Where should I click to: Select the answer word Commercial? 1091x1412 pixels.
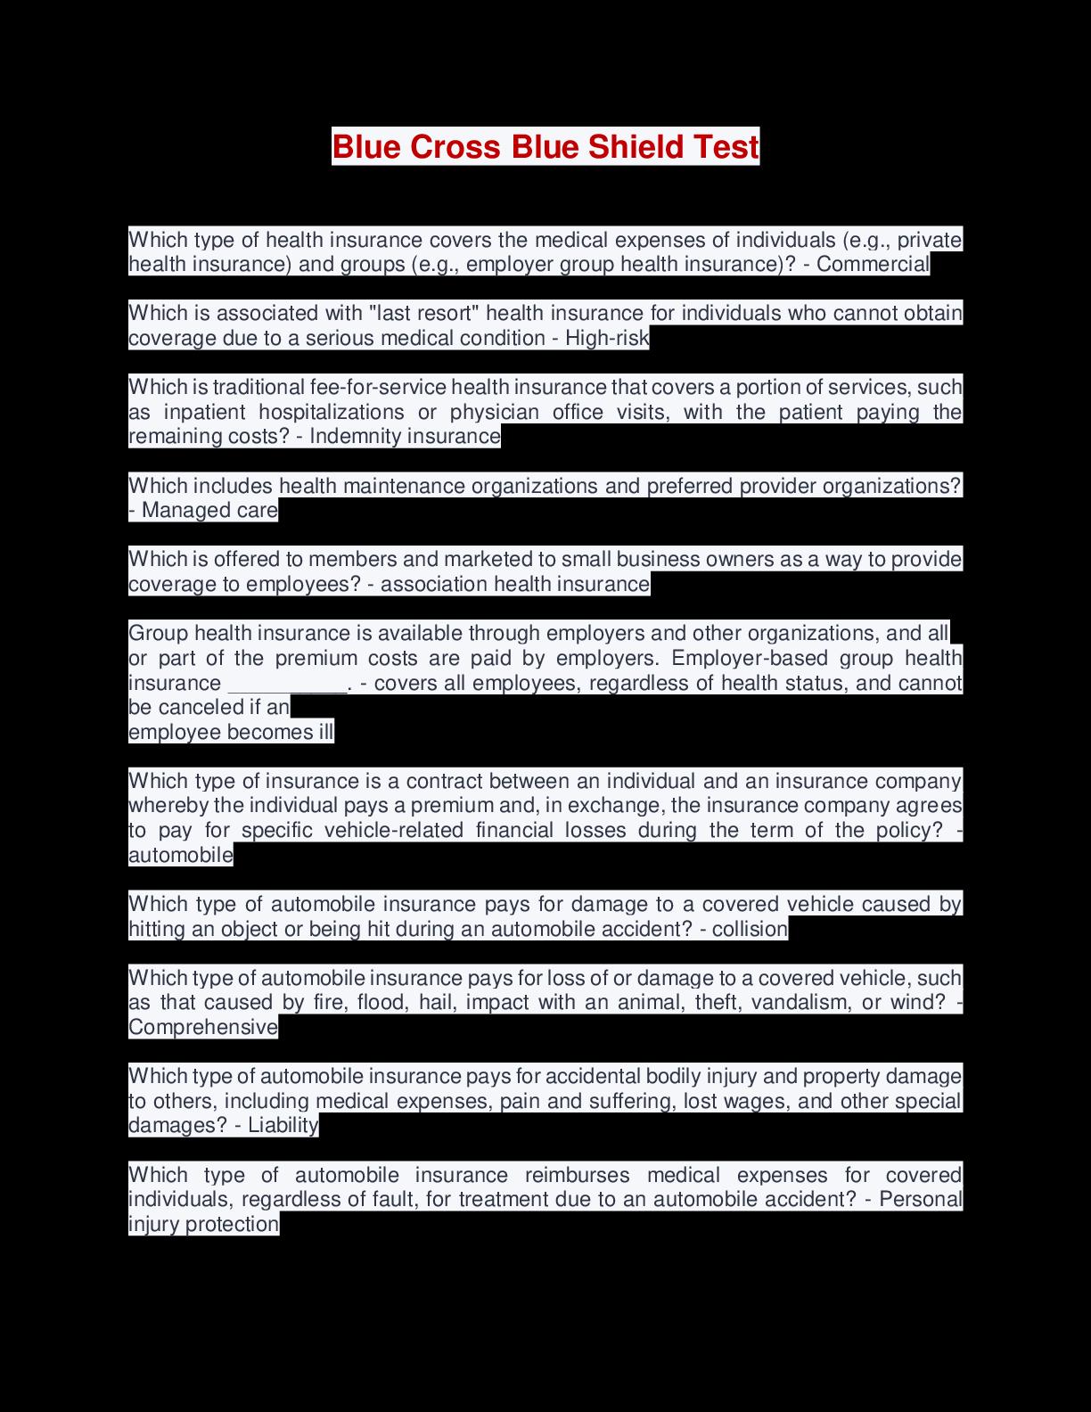pyautogui.click(x=873, y=264)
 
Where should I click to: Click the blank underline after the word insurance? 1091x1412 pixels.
pyautogui.click(x=288, y=684)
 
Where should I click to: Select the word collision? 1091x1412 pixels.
pyautogui.click(x=750, y=929)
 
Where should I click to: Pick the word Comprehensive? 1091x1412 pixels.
pyautogui.click(x=203, y=1027)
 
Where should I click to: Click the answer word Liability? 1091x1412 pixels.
pyautogui.click(x=283, y=1125)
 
